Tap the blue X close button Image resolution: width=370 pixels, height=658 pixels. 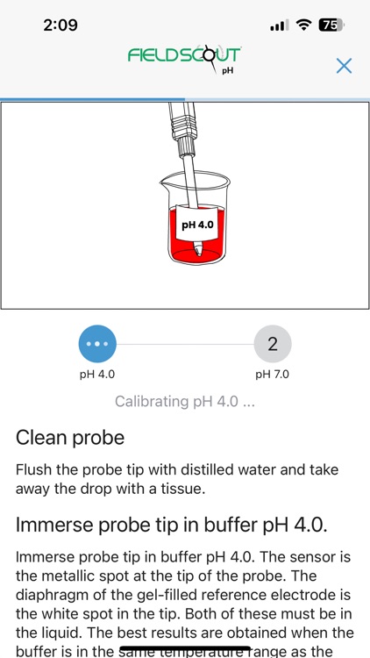(345, 66)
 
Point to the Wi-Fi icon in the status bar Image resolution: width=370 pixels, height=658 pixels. (304, 25)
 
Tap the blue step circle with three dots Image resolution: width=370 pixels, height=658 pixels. (96, 344)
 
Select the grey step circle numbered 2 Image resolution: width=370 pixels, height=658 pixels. (272, 344)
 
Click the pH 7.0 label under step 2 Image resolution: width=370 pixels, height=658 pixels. (272, 375)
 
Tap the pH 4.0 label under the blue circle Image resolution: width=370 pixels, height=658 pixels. (96, 375)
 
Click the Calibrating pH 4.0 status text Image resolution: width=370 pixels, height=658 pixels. (185, 402)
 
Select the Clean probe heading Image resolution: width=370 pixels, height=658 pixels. (70, 437)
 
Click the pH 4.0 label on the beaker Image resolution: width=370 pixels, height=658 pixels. (197, 225)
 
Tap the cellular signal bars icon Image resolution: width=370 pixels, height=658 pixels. (279, 26)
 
